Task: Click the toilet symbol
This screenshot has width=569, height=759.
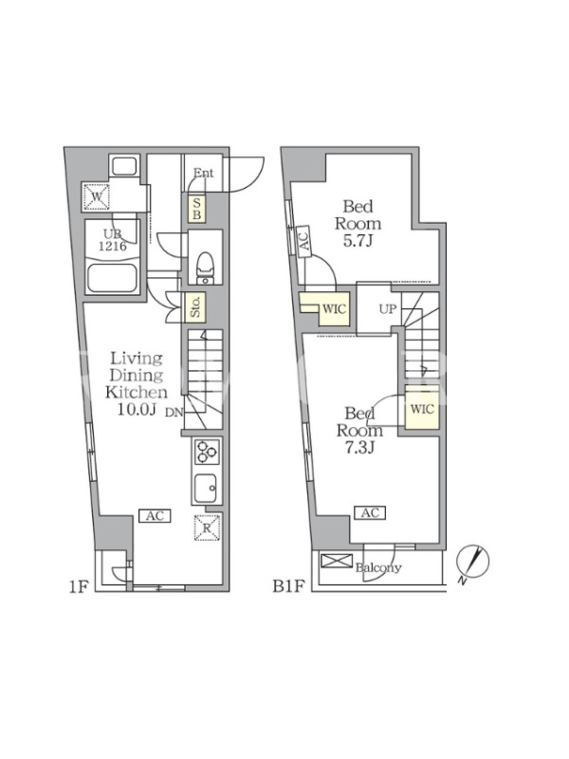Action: coord(205,268)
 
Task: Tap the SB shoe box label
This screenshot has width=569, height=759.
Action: coord(196,208)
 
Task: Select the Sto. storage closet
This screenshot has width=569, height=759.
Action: coord(196,306)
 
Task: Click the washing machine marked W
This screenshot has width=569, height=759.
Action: coord(97,196)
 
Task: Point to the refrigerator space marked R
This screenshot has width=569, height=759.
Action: coord(207,528)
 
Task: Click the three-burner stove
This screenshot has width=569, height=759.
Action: coord(207,453)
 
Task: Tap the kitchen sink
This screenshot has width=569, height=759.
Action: coord(206,488)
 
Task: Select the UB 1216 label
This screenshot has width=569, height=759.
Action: coord(113,240)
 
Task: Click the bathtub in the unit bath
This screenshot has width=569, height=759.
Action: coord(113,278)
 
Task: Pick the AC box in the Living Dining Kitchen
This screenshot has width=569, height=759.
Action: coord(155,516)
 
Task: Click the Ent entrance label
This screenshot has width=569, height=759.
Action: coord(203,173)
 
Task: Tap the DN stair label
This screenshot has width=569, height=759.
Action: coord(174,413)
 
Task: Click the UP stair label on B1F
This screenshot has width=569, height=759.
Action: coord(388,309)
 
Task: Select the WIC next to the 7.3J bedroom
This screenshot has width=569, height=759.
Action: coord(422,409)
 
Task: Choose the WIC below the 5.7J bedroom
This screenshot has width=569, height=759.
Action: coord(335,308)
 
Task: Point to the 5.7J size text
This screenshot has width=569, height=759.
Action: coord(358,241)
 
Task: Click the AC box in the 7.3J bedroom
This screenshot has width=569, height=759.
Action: coord(370,512)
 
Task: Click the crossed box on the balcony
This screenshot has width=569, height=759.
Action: coord(337,562)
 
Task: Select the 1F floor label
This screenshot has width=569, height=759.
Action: coord(78,586)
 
